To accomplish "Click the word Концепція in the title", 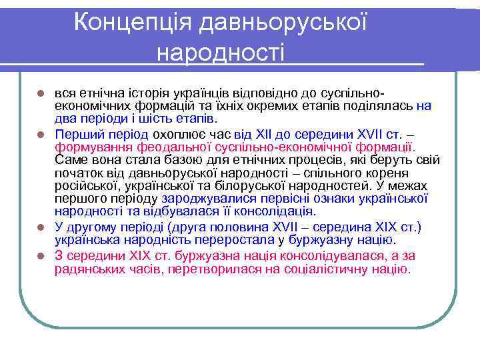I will pyautogui.click(x=130, y=22).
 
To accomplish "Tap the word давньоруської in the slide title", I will pyautogui.click(x=281, y=22).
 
